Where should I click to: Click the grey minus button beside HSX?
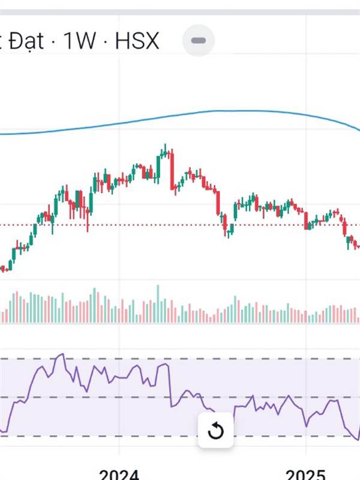tap(198, 41)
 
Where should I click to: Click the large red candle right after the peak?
tap(172, 171)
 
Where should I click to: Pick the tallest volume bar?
tap(158, 304)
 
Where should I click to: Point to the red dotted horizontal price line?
tap(180, 225)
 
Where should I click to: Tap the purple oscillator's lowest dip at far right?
tap(356, 439)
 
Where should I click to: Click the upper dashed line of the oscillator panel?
tap(180, 359)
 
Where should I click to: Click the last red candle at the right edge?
tap(358, 245)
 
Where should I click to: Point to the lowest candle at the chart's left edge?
tap(5, 268)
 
